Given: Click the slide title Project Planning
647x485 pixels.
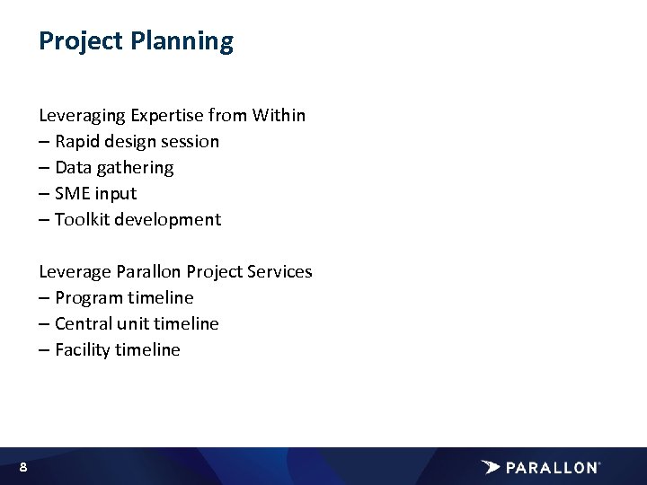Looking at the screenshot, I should point(136,41).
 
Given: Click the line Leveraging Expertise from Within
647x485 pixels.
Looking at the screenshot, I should point(172,115).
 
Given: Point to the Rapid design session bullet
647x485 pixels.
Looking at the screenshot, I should point(129,141).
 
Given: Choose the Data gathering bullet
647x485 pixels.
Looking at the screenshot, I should point(106,167).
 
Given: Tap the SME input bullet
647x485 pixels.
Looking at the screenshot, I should point(88,193).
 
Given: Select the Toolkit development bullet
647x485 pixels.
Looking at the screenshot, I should point(129,219).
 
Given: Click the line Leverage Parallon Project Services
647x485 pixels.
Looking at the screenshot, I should point(175,271).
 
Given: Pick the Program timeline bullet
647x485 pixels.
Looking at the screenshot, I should point(116,297).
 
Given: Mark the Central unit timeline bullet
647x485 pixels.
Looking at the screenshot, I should point(129,323).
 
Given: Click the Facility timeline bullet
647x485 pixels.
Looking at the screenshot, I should point(109,349).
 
